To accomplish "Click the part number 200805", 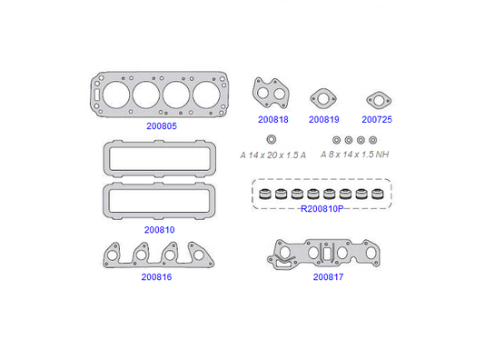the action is click(x=162, y=126).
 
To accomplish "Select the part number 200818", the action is click(x=273, y=119).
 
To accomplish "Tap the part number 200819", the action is click(x=324, y=119).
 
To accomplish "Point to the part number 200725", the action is click(x=377, y=119).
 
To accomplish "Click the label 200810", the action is click(x=159, y=230).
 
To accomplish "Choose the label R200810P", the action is click(x=322, y=209).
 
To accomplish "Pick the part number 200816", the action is click(x=156, y=276).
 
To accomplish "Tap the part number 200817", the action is click(x=328, y=276).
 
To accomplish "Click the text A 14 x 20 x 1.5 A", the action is click(x=272, y=155).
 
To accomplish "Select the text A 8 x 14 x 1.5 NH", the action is click(x=354, y=155).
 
